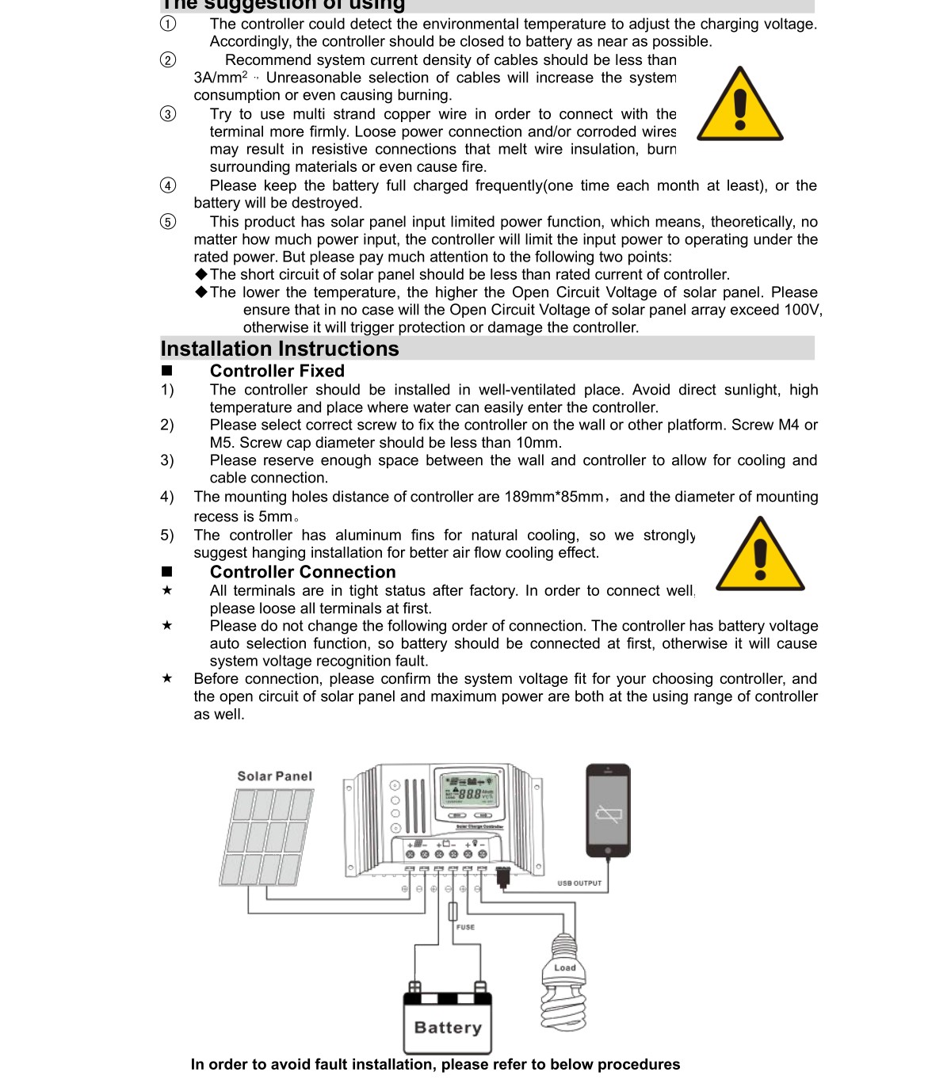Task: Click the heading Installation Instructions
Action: click(x=280, y=349)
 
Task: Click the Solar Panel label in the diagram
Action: click(x=274, y=776)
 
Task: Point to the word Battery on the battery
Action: click(x=448, y=1028)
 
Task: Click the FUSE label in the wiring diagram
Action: click(x=466, y=927)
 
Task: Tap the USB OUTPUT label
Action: click(x=579, y=883)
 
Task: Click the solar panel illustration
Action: click(x=267, y=837)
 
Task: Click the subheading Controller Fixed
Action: click(x=277, y=371)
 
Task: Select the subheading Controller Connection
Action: click(x=302, y=572)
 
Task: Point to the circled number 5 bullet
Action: click(x=168, y=222)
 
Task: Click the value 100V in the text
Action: click(x=803, y=310)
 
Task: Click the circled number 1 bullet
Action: click(x=168, y=24)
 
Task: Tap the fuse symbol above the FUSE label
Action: click(x=453, y=911)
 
